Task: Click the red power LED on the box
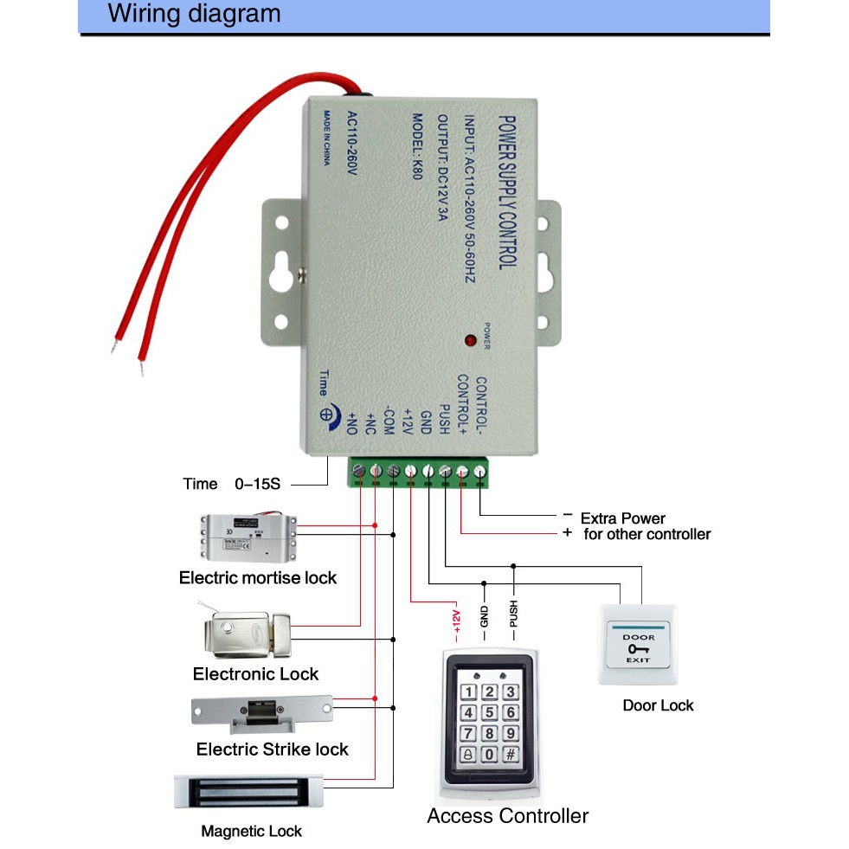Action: point(471,340)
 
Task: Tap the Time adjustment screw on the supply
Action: point(329,415)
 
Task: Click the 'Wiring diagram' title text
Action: point(194,15)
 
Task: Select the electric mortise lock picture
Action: point(248,537)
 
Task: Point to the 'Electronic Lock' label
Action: point(255,674)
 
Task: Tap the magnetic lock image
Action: point(249,791)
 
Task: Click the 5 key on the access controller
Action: point(489,713)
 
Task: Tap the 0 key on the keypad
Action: point(489,755)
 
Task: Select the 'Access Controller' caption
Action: point(507,816)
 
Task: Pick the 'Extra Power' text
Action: point(623,518)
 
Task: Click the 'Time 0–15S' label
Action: point(231,484)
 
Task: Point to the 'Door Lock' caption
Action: point(658,705)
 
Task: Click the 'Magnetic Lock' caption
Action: point(251,832)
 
